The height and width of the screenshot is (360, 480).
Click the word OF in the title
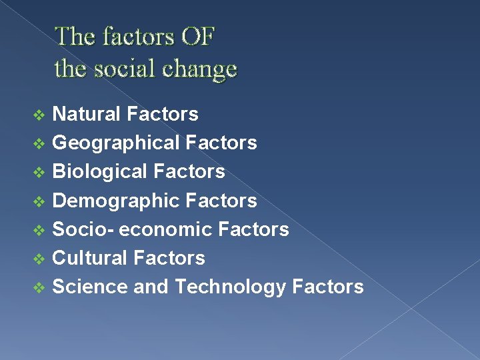pyautogui.click(x=197, y=36)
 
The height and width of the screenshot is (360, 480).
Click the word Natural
pyautogui.click(x=87, y=114)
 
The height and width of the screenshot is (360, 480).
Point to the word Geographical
pyautogui.click(x=116, y=143)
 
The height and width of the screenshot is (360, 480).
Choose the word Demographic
pyautogui.click(x=116, y=200)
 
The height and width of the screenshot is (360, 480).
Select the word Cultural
pyautogui.click(x=90, y=258)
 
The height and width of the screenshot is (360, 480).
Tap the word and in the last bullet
pyautogui.click(x=151, y=287)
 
